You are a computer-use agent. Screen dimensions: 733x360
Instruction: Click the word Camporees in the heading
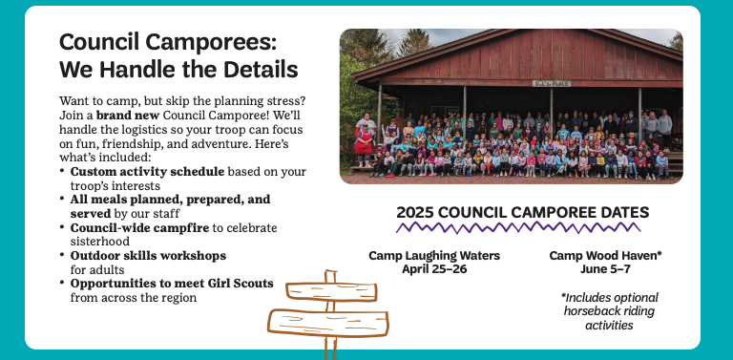211,42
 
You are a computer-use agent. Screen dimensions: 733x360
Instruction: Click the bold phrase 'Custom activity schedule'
147,172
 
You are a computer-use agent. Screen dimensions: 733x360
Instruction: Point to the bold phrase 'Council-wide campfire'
139,227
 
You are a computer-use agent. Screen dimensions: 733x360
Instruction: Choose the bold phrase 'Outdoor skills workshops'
148,256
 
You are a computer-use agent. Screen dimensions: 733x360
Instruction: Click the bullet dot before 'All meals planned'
62,198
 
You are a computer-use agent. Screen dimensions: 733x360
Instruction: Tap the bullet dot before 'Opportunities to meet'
62,282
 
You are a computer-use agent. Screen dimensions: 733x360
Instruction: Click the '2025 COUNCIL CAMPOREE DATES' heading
523,213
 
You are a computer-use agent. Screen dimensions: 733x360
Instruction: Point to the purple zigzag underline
518,227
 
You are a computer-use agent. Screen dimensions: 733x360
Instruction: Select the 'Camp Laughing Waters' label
434,256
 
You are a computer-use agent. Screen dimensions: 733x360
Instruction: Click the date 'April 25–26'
434,269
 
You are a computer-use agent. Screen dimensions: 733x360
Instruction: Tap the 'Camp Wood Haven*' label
606,256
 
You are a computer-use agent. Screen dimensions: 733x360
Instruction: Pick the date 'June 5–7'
606,269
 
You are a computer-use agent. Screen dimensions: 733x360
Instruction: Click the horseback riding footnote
609,311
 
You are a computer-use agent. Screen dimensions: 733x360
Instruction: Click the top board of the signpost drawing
331,292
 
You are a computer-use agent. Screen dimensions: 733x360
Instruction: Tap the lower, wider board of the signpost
328,323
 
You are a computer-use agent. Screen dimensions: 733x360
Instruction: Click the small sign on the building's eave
552,84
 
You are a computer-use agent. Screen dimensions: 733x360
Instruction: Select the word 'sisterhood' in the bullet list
100,242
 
